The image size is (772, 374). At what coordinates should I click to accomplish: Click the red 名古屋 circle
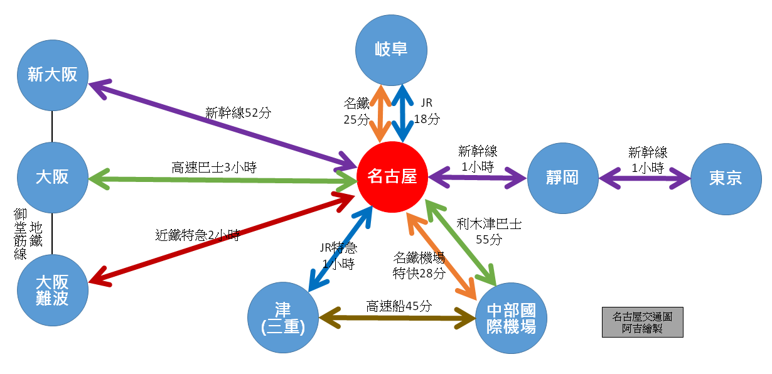pyautogui.click(x=392, y=177)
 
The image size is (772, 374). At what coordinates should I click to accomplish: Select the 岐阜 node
pyautogui.click(x=391, y=50)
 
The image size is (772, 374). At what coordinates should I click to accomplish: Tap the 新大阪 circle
pyautogui.click(x=53, y=75)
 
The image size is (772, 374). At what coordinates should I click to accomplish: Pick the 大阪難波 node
pyautogui.click(x=53, y=291)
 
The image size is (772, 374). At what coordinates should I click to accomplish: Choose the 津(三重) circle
pyautogui.click(x=283, y=318)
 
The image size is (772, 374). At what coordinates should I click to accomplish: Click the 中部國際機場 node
pyautogui.click(x=511, y=318)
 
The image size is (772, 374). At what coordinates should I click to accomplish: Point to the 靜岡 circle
pyautogui.click(x=562, y=178)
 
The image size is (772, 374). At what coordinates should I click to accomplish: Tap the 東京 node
pyautogui.click(x=726, y=179)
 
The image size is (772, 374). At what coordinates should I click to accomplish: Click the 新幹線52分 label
pyautogui.click(x=238, y=113)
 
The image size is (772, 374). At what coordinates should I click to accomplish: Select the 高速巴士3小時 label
pyautogui.click(x=214, y=168)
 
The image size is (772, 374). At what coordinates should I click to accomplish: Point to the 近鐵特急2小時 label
pyautogui.click(x=198, y=235)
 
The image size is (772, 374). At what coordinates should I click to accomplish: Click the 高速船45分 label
pyautogui.click(x=399, y=306)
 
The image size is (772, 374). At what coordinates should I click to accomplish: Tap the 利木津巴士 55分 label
pyautogui.click(x=489, y=232)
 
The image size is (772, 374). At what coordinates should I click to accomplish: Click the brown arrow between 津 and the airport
pyautogui.click(x=397, y=318)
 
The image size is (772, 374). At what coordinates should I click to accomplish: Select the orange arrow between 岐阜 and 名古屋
pyautogui.click(x=380, y=114)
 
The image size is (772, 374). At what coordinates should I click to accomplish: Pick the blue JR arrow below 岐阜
pyautogui.click(x=402, y=114)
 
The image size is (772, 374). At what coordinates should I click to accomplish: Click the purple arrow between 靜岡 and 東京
pyautogui.click(x=645, y=179)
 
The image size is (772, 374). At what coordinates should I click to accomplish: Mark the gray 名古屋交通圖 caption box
pyautogui.click(x=643, y=323)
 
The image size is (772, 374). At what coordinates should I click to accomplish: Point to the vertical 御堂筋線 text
pyautogui.click(x=20, y=234)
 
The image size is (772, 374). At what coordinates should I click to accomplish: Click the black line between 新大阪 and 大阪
pyautogui.click(x=52, y=127)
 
